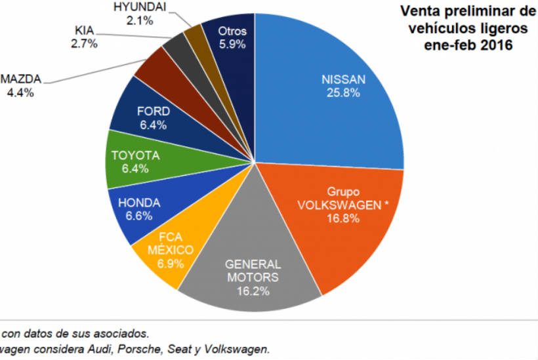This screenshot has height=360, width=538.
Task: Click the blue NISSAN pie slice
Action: (328, 98)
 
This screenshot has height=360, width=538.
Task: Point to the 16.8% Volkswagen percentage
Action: (343, 218)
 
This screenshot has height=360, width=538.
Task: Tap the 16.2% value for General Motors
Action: (253, 290)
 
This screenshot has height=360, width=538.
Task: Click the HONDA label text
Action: (139, 203)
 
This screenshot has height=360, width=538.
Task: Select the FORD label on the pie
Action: (153, 111)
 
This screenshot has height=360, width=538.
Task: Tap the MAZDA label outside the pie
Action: (20, 79)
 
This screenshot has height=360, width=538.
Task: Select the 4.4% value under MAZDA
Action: (20, 92)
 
